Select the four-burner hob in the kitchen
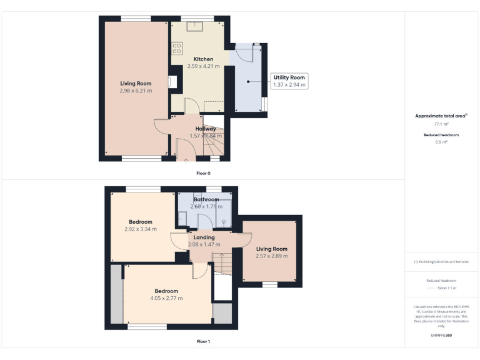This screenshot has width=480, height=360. (176, 47)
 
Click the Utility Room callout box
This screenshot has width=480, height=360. (289, 81)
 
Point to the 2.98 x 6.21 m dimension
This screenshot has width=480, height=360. (136, 91)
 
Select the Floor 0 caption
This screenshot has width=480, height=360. (203, 172)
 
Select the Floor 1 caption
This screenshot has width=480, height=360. (203, 342)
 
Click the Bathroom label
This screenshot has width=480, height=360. (206, 199)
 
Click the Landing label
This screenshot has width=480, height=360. (204, 237)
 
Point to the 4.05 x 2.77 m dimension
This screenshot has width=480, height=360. (166, 298)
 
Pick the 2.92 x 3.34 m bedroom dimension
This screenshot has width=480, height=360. (141, 229)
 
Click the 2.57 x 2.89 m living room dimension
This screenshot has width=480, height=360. (272, 256)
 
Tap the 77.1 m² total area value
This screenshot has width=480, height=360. (441, 124)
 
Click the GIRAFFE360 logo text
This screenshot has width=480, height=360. (441, 336)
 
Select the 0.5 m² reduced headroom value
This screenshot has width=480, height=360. (441, 142)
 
